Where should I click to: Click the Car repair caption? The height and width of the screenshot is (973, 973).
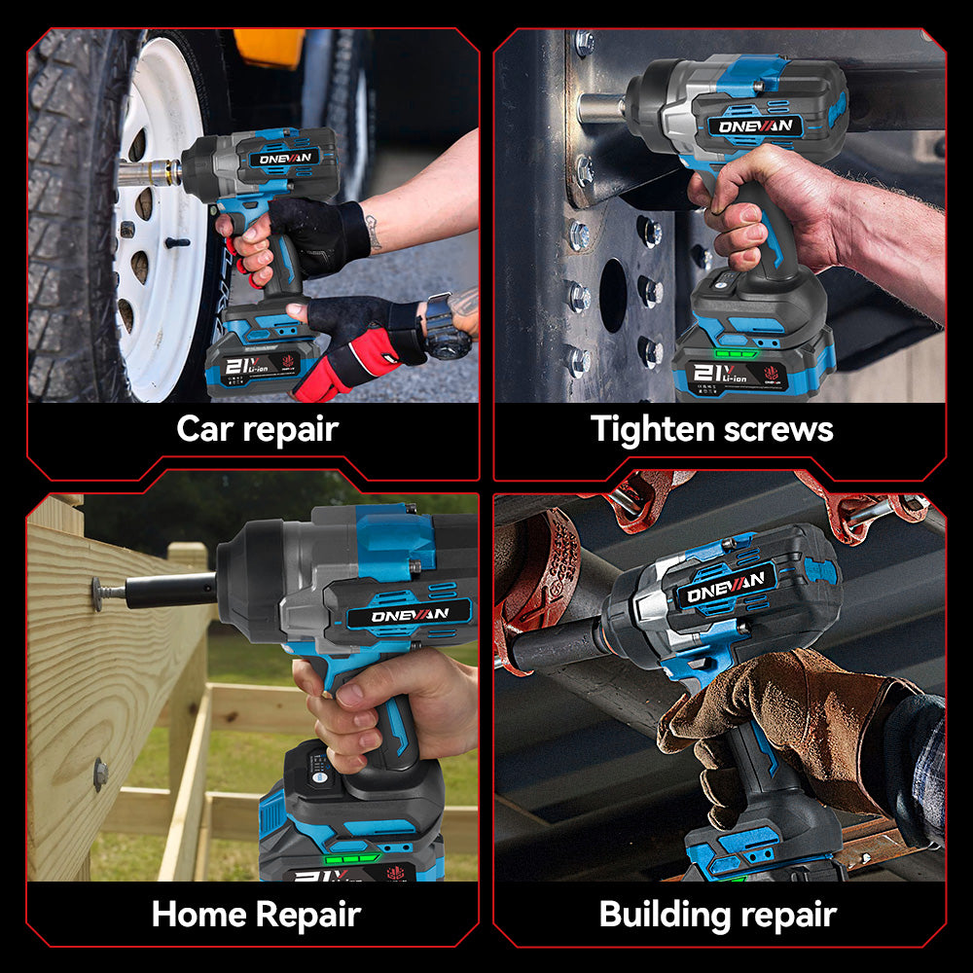coord(257,429)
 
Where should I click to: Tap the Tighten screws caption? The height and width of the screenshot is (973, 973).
coord(712,429)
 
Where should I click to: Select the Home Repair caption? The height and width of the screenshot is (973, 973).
coord(256,915)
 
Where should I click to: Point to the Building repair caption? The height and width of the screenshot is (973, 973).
coord(717,915)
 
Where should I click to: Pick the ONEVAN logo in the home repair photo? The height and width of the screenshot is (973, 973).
coord(409,615)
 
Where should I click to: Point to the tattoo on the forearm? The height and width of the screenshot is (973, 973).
coord(374,233)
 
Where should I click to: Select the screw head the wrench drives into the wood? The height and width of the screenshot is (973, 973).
coord(97,591)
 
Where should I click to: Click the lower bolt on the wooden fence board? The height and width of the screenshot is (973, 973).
coord(99,774)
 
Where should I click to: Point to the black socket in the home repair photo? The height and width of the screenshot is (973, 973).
coord(170,590)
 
